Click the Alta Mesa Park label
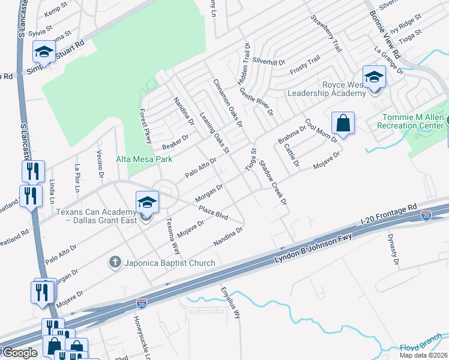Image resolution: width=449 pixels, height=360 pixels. tap(144, 159)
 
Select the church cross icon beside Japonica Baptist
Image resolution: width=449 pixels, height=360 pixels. tap(115, 262)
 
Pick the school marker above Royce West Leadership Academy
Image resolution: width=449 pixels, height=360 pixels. tap(374, 77)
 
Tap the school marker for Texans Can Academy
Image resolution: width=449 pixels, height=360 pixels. tap(146, 202)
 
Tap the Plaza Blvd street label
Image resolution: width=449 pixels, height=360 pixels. tap(214, 212)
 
